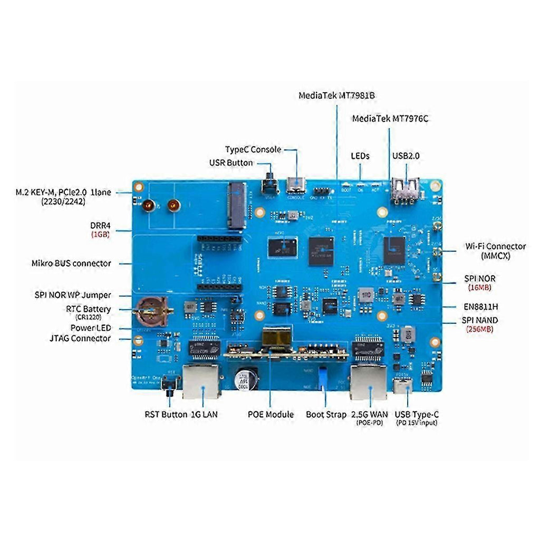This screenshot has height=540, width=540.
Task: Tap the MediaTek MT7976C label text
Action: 390,119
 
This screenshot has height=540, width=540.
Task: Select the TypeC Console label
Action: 253,150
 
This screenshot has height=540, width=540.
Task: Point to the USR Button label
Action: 231,163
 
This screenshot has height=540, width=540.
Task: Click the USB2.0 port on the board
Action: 406,190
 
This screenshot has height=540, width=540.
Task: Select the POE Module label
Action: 271,414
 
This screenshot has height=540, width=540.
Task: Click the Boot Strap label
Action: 326,414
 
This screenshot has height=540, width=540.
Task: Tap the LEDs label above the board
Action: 360,156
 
